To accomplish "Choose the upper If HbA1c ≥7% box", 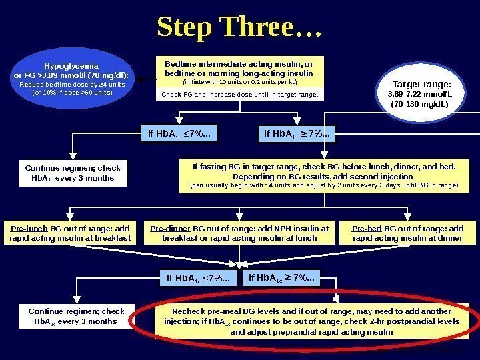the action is click(x=297, y=136).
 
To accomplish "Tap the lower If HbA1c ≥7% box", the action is click(x=283, y=277).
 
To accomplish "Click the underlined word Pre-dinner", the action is click(x=170, y=228).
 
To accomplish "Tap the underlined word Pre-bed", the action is click(x=366, y=228).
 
